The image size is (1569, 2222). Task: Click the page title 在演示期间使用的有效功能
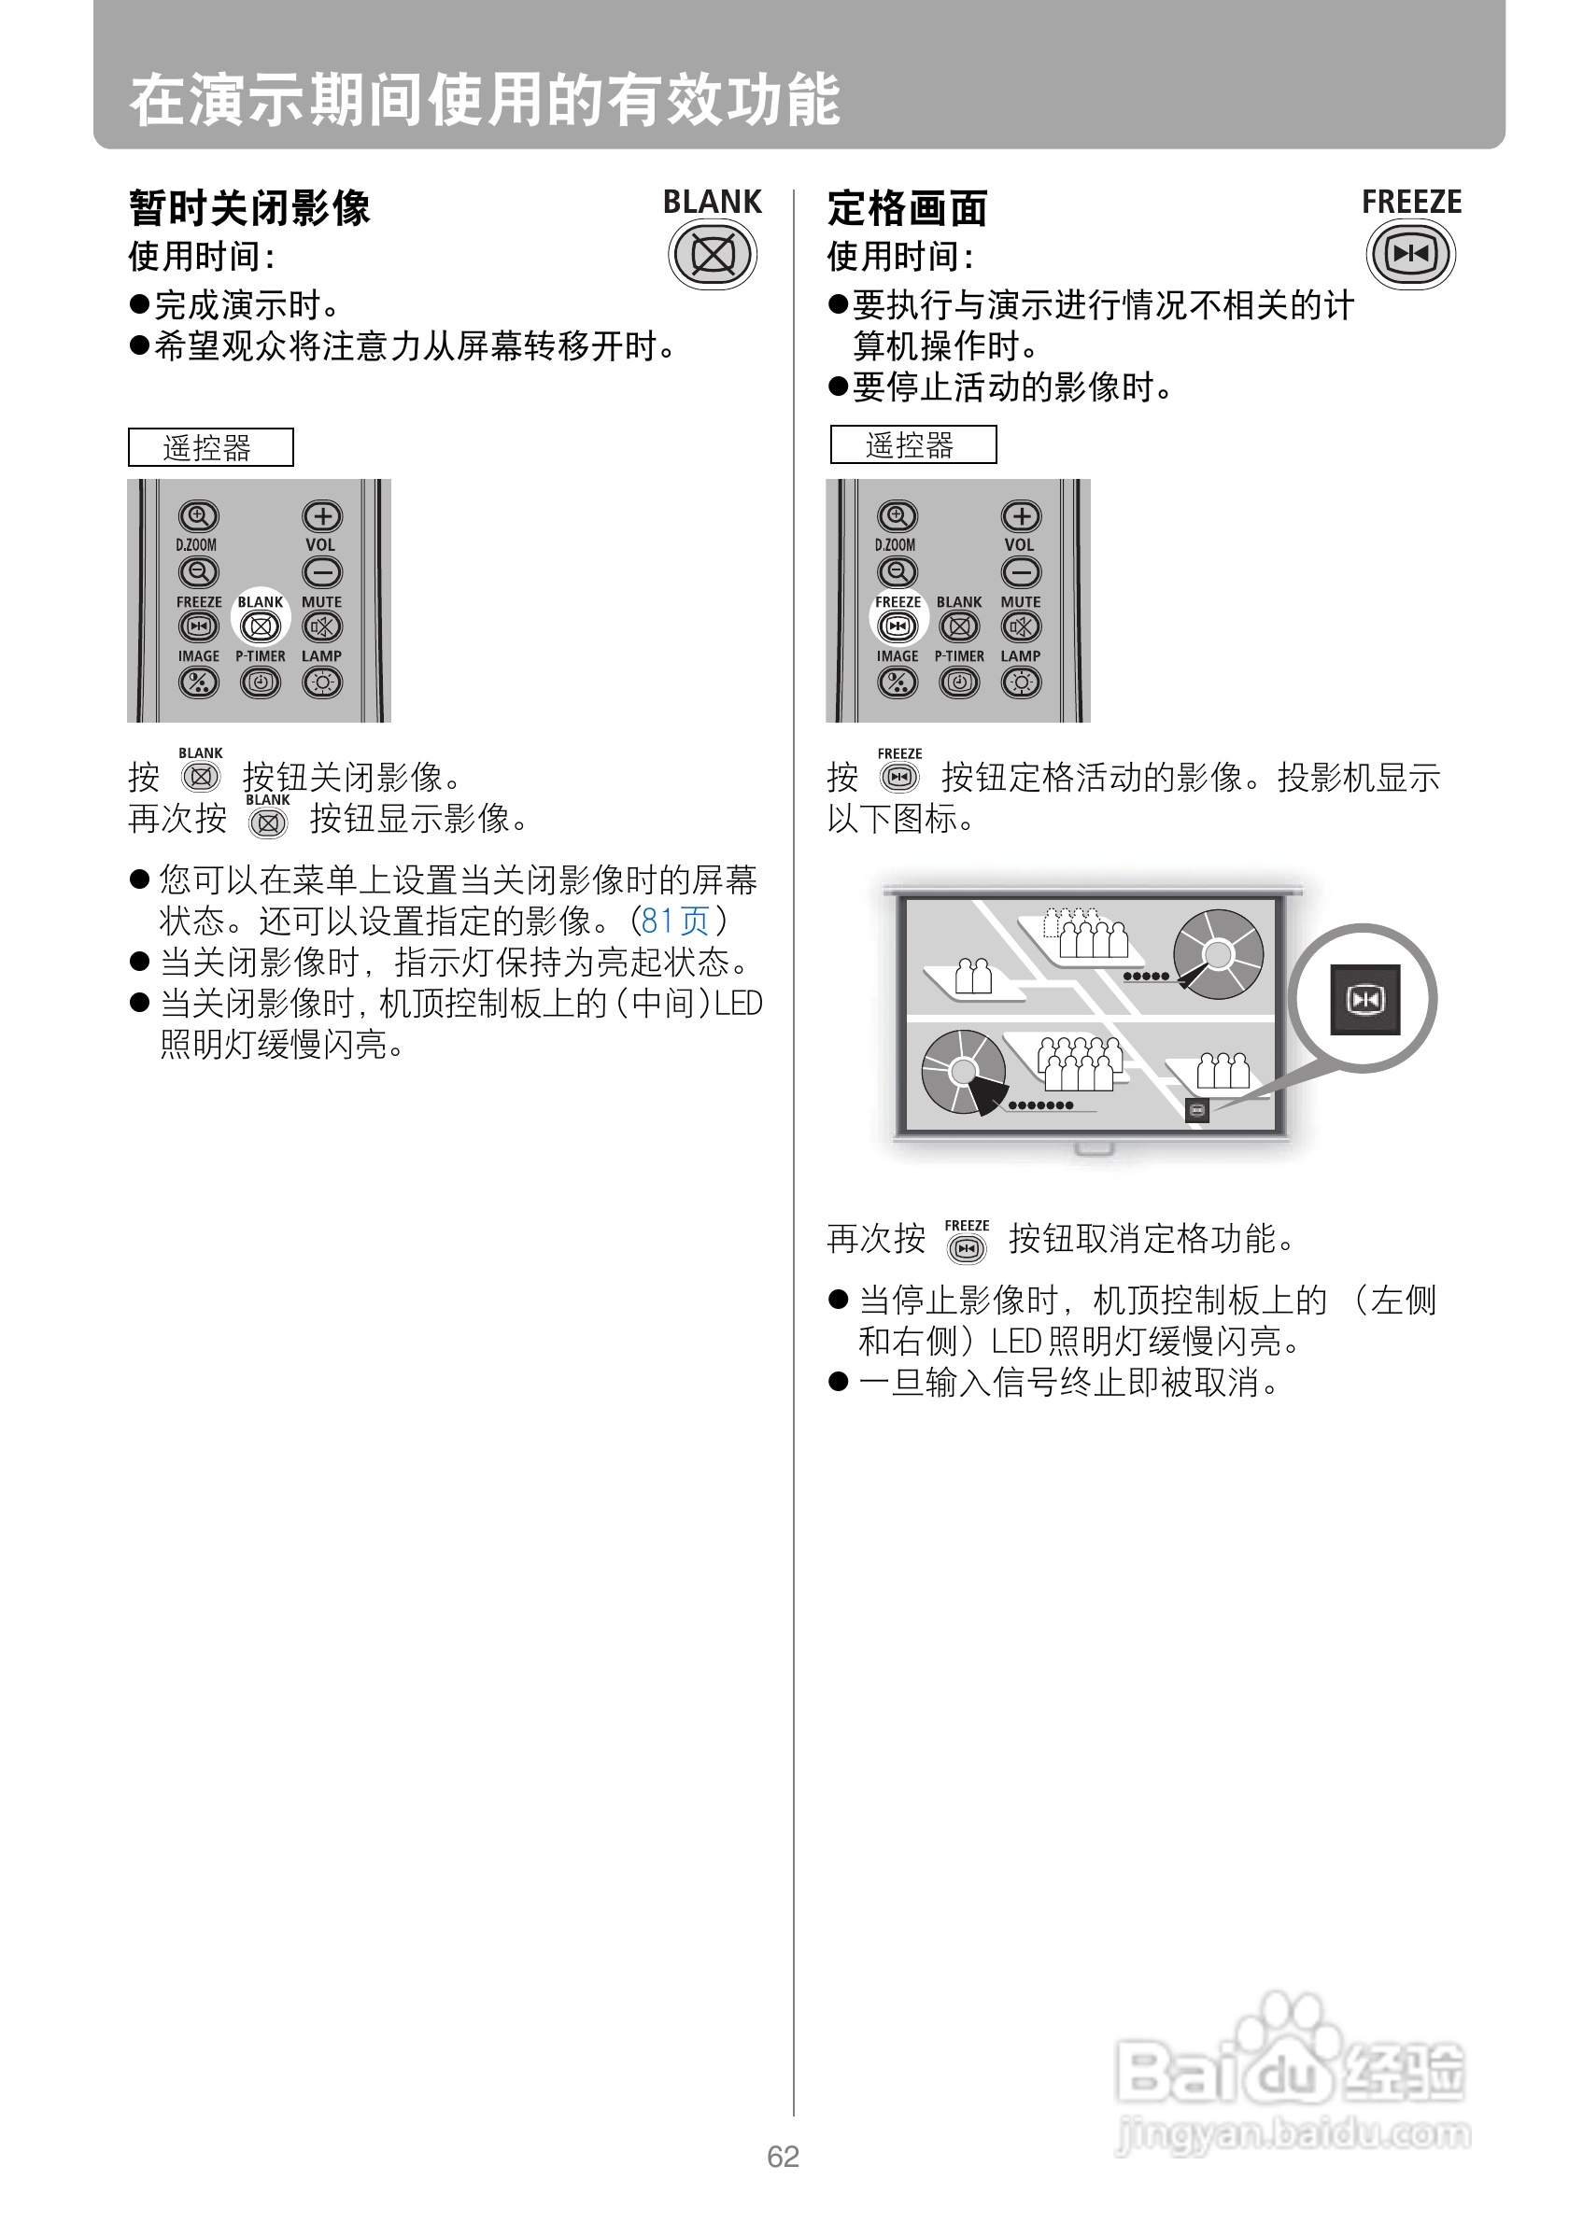tap(484, 100)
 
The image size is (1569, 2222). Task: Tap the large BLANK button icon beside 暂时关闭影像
tap(713, 255)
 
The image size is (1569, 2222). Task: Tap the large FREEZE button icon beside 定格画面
tap(1410, 255)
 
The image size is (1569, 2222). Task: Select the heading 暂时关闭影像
tap(248, 208)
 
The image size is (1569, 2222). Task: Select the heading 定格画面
tap(907, 208)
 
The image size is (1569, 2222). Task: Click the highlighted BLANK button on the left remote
tap(261, 626)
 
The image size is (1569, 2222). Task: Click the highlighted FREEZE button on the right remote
tap(898, 626)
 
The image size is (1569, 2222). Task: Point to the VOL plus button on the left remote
tap(322, 515)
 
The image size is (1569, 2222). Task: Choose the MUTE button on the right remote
tap(1021, 626)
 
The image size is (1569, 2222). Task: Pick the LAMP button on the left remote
tap(322, 683)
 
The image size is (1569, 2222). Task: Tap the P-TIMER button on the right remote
tap(959, 683)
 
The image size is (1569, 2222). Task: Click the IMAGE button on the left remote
tap(198, 683)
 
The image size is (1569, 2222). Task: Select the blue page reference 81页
tap(675, 921)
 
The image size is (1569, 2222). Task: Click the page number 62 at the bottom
tap(783, 2157)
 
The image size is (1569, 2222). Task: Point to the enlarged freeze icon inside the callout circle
tap(1364, 999)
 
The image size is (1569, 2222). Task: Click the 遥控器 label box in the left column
tap(210, 447)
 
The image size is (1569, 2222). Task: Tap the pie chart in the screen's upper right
tap(1218, 954)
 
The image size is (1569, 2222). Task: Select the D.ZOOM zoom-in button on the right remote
tap(898, 515)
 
